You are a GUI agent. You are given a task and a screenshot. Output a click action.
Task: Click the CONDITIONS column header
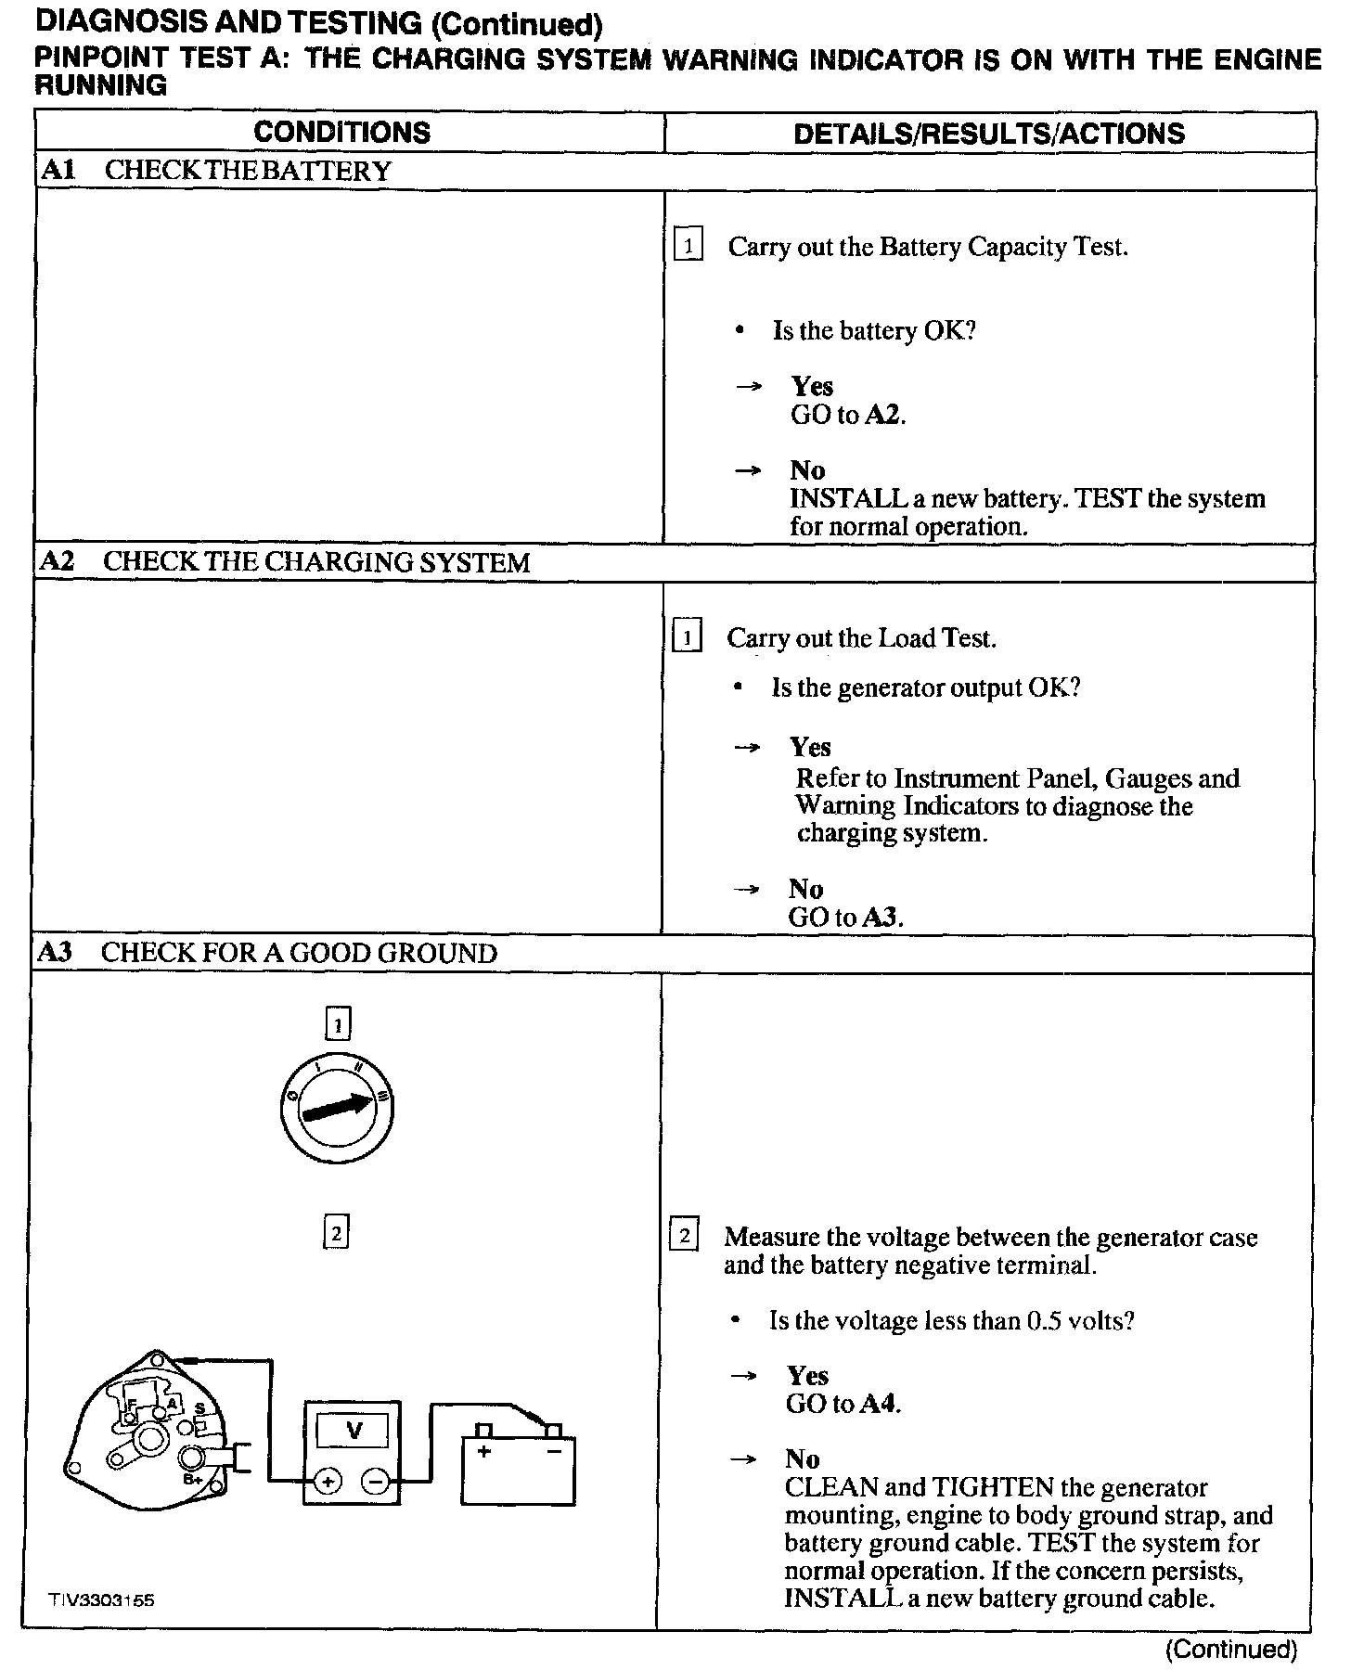click(x=341, y=133)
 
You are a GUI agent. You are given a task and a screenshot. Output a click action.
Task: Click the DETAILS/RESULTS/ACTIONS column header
click(x=989, y=134)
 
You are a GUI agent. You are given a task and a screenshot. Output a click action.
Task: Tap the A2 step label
click(x=57, y=561)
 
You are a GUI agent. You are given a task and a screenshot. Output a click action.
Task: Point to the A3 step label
click(x=56, y=953)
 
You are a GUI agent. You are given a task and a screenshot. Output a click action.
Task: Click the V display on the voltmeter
click(x=354, y=1430)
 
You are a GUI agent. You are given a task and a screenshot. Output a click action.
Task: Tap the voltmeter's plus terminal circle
click(x=327, y=1482)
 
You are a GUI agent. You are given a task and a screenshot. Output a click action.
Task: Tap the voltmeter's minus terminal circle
click(x=376, y=1482)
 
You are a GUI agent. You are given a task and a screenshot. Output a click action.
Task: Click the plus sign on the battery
click(x=482, y=1451)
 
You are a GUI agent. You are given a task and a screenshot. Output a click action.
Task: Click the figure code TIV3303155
click(x=103, y=1600)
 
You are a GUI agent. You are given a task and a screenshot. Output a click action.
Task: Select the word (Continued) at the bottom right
click(x=1230, y=1649)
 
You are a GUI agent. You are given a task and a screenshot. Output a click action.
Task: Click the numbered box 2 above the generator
click(x=336, y=1233)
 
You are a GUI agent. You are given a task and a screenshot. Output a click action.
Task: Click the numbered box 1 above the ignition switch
click(x=338, y=1024)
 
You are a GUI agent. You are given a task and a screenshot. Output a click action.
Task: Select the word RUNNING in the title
click(x=100, y=86)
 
